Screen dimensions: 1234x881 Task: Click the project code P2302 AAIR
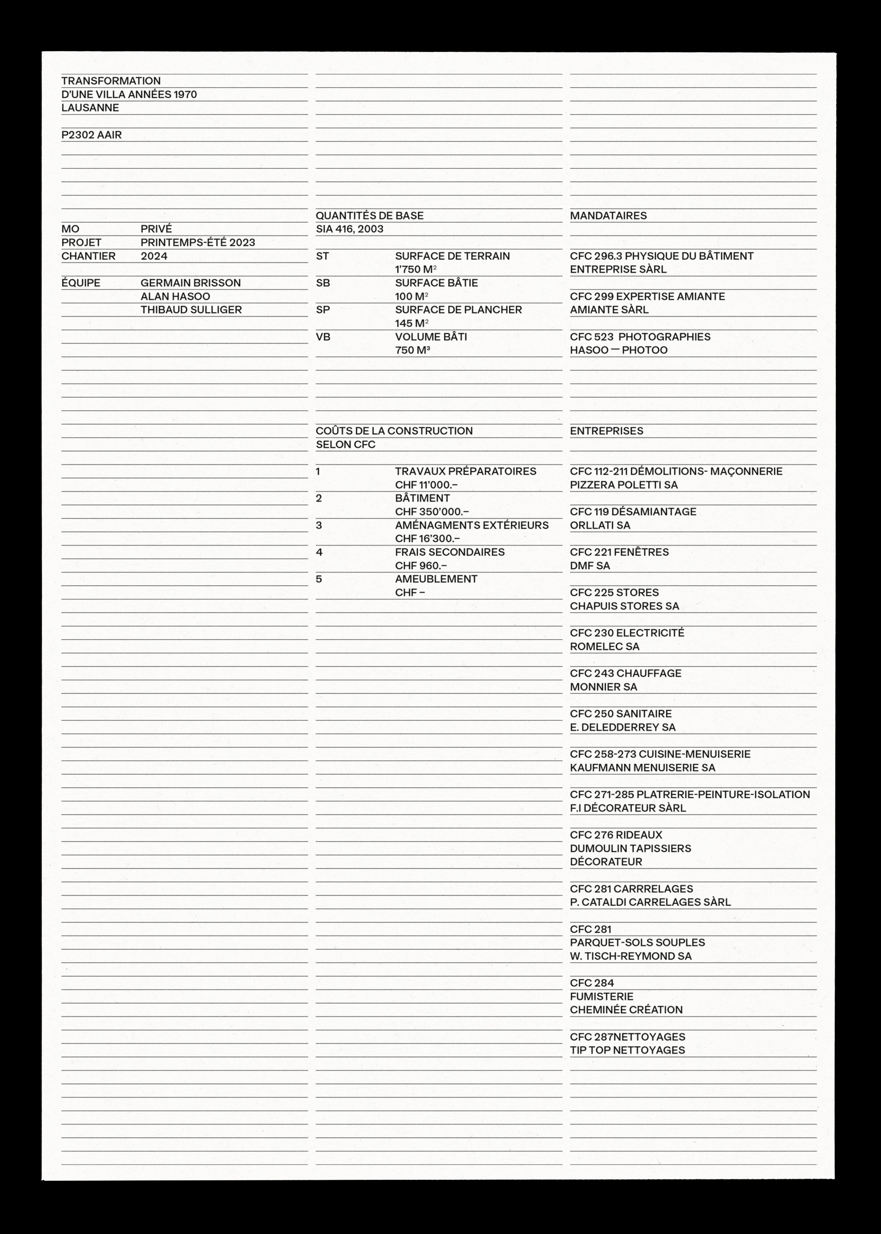[x=91, y=135]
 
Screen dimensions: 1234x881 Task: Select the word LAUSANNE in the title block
[x=90, y=107]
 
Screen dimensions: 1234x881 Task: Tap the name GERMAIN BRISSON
[x=190, y=283]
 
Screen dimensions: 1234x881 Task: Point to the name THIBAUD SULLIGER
[x=191, y=310]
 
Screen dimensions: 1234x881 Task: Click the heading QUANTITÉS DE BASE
[x=369, y=215]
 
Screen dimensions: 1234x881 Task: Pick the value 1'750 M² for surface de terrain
[x=416, y=269]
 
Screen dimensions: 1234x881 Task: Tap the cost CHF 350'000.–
[x=431, y=512]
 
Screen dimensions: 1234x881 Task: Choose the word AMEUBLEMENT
[x=436, y=579]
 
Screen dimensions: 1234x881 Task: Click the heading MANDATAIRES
[x=608, y=215]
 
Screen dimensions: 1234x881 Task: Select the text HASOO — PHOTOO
[x=619, y=350]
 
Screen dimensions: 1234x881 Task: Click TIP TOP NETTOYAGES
[x=627, y=1050]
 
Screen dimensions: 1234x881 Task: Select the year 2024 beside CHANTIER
[x=154, y=256]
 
